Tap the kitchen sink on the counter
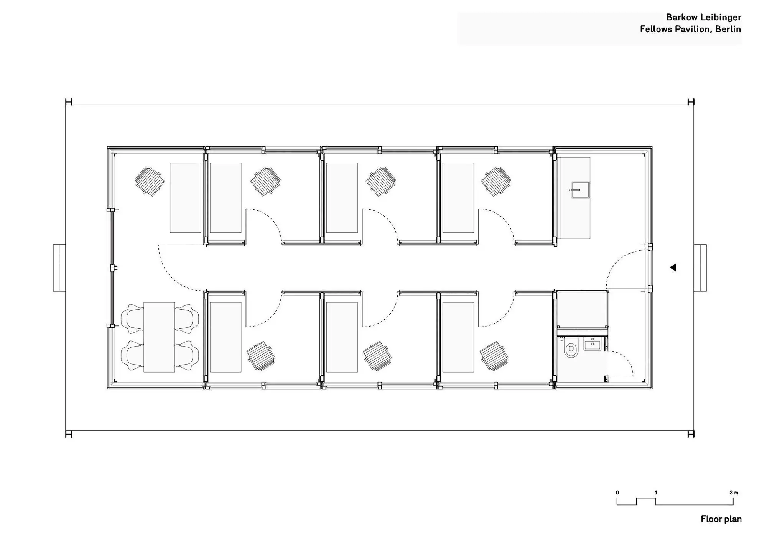point(579,190)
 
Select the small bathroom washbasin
point(593,344)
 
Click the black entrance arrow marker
point(673,268)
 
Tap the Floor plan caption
point(721,519)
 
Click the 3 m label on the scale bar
point(734,493)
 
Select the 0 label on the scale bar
point(617,493)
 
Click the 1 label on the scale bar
point(656,493)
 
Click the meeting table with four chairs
point(159,337)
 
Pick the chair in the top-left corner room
point(150,181)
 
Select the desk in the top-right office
point(458,198)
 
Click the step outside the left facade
point(59,268)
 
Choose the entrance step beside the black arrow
point(700,268)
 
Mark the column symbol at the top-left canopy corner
point(69,102)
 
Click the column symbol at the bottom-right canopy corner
point(691,434)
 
